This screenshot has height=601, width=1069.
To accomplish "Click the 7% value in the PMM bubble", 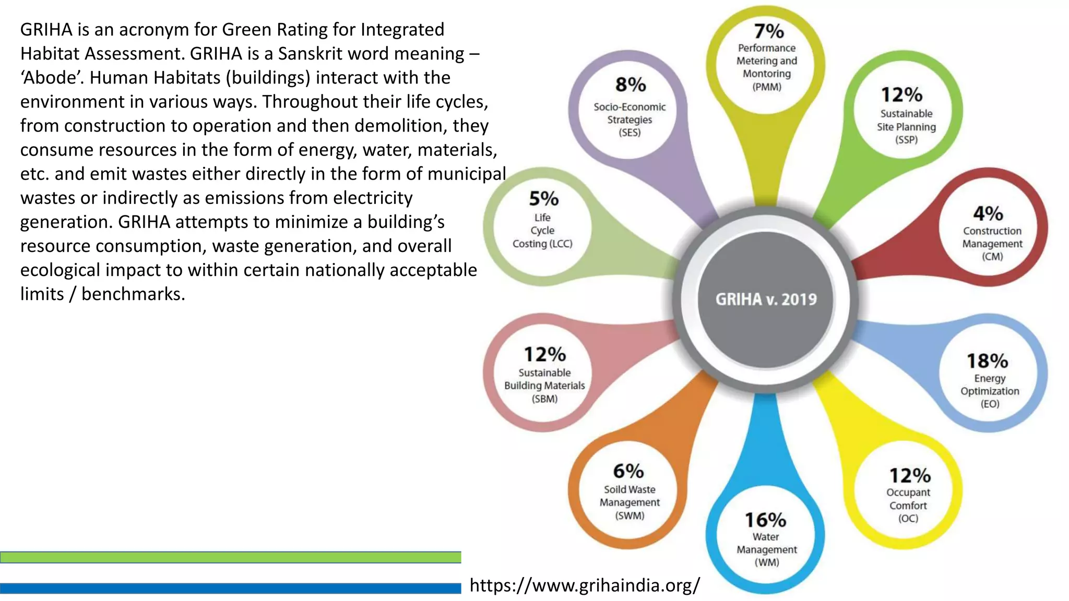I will tap(768, 31).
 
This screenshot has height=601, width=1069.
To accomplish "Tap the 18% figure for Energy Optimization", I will tap(987, 360).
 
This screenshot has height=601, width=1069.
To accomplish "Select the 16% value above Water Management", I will tap(765, 520).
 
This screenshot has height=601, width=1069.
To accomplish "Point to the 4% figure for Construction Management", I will tap(988, 213).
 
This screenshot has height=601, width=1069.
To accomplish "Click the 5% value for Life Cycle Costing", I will tap(543, 199).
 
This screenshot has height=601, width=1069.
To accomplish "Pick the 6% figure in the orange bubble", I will tap(628, 471).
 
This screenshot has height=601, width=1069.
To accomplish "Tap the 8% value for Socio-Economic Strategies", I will tap(631, 85).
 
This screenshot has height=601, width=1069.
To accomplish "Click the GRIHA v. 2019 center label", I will tap(766, 299).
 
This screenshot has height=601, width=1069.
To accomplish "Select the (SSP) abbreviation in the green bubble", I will tap(906, 140).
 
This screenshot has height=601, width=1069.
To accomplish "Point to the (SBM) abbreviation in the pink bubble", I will tap(544, 399).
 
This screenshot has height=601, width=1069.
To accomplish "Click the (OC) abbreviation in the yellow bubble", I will tap(908, 519).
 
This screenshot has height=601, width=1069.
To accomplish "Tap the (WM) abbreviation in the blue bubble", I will tap(766, 562).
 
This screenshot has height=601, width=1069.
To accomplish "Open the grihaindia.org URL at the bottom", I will tap(585, 585).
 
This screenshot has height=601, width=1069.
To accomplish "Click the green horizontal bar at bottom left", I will tap(230, 557).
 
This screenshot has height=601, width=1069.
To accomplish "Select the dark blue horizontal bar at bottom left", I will tap(230, 588).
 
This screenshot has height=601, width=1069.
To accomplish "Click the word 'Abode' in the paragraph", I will tap(52, 78).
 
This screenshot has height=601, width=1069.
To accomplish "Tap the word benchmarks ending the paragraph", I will tap(133, 294).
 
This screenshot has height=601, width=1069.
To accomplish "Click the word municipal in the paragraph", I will tap(466, 174).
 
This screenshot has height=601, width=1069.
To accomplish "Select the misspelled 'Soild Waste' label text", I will tap(629, 489).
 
